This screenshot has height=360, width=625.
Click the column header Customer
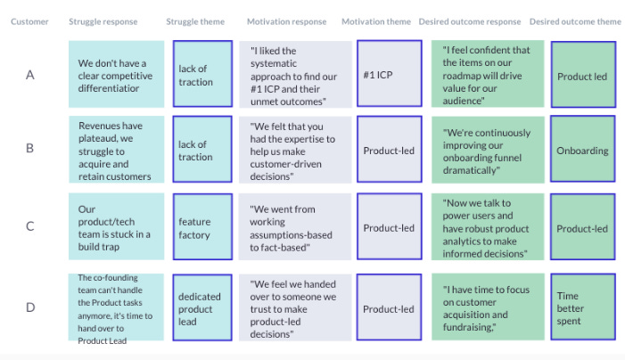29,21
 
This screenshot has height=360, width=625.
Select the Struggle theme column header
195,21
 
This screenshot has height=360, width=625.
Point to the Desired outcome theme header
575,21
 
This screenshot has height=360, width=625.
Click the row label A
29,75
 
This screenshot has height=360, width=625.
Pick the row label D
29,307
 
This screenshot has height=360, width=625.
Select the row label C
29,226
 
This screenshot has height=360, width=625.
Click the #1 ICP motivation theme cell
383,75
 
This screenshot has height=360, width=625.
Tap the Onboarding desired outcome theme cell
582,151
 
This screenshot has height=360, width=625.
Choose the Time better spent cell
582,307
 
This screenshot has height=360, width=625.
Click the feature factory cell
202,228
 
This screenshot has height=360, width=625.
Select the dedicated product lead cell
202,308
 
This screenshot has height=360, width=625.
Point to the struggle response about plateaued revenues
116,151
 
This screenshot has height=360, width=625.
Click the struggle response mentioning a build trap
116,228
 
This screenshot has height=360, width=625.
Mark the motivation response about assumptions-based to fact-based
295,228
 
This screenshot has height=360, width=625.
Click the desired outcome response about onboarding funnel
487,151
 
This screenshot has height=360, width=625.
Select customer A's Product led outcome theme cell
582,75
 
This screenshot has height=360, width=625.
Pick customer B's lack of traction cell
202,151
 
